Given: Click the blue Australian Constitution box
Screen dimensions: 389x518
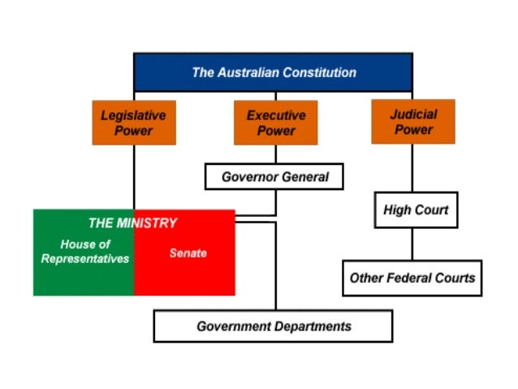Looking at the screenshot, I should (x=273, y=72).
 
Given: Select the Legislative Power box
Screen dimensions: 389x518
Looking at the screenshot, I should (x=133, y=123).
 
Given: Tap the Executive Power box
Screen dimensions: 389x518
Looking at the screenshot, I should (x=275, y=123).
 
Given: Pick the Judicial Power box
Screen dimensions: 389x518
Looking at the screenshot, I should (x=412, y=122).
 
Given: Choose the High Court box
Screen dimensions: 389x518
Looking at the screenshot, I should (x=416, y=211).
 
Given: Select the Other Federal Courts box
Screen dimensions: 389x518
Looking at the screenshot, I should (x=412, y=278).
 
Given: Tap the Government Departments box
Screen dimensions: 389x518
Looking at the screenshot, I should (x=273, y=326).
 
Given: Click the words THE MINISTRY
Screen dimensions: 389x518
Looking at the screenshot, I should (x=132, y=223).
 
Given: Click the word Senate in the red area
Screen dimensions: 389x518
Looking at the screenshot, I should (x=188, y=253).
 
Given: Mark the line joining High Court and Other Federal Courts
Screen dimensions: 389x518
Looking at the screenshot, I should (x=412, y=244).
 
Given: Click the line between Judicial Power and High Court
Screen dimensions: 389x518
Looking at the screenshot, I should (x=412, y=168).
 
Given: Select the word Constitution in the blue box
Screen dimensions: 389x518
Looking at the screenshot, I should (x=316, y=72).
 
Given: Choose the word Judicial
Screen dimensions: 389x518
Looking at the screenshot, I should (x=413, y=115).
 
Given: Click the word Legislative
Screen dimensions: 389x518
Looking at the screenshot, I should (x=133, y=115).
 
